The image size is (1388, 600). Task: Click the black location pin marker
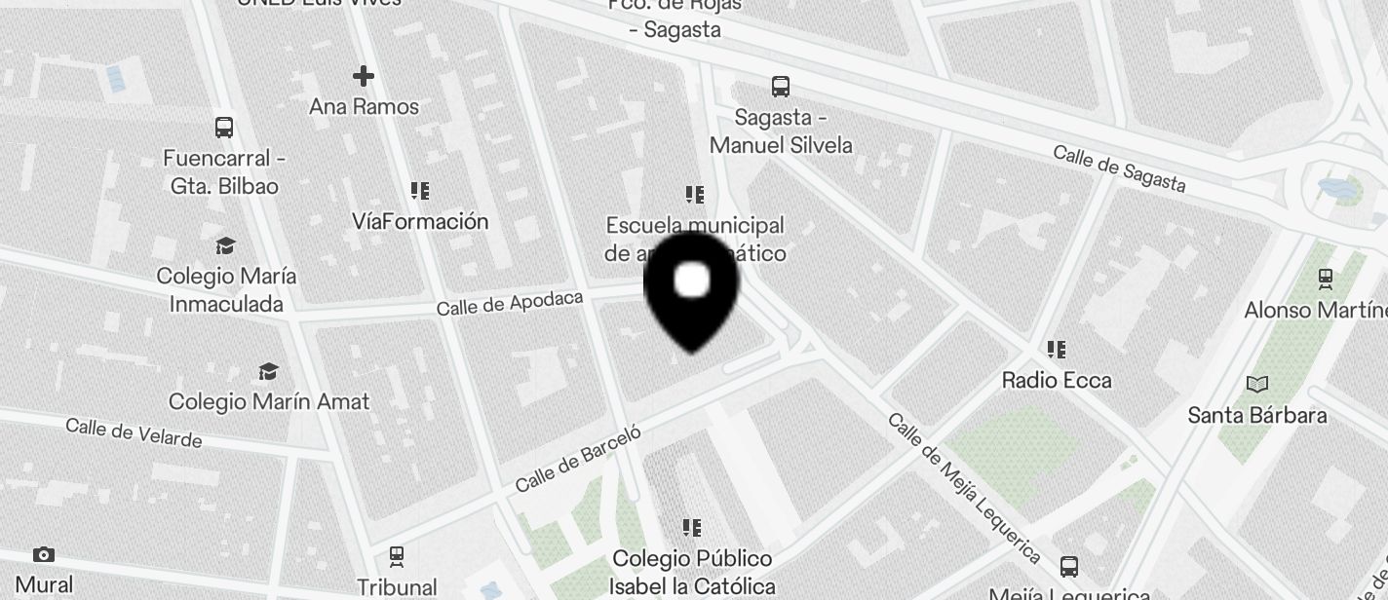point(692,289)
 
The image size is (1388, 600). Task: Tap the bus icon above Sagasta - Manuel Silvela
point(780,87)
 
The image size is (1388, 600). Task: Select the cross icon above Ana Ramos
point(364,76)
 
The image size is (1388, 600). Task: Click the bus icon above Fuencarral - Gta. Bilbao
point(224,128)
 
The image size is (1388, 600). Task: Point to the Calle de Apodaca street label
point(509,303)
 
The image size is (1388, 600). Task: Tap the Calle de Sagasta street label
point(1119,169)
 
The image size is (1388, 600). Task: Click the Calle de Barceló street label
point(578,458)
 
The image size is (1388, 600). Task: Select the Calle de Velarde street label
point(134,431)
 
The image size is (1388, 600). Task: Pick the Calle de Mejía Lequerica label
point(962,488)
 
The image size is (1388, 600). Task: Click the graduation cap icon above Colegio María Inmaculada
point(226,245)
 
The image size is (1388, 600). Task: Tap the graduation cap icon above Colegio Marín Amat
point(268,372)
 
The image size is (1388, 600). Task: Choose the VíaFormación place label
point(420,221)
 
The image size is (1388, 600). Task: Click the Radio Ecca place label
point(1057,380)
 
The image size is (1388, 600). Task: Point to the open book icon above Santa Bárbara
point(1257,385)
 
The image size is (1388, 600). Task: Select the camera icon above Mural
point(44,555)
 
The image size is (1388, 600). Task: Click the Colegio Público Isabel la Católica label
point(692,572)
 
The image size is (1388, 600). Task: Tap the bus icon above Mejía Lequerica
point(1069,567)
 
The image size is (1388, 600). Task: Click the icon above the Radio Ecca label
point(1056,349)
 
